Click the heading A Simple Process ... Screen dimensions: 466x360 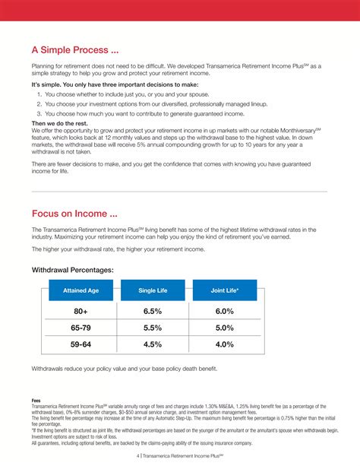coord(74,50)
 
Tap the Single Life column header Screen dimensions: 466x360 coord(153,290)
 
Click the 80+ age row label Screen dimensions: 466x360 coord(81,312)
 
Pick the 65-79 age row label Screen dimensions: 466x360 coord(81,328)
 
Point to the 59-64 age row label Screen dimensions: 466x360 coord(81,344)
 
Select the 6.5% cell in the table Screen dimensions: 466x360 coord(153,312)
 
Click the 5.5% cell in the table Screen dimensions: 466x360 coord(153,328)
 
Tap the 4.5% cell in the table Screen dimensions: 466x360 coord(153,344)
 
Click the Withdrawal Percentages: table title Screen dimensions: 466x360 coord(72,270)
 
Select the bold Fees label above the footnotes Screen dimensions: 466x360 coord(36,401)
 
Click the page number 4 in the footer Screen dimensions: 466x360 coord(138,456)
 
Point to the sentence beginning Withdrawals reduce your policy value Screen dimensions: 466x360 coord(124,369)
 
